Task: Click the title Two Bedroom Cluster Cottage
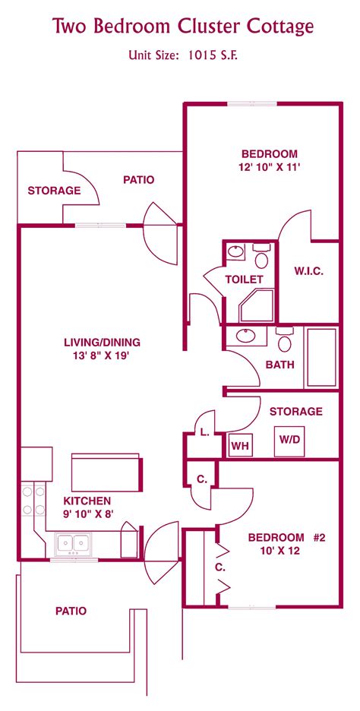coord(182,27)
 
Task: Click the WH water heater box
coord(241,444)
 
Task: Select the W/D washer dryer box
coord(289,439)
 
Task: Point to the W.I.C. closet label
coord(308,271)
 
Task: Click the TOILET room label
coord(244,279)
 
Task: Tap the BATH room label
coord(279,365)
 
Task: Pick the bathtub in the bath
coord(321,358)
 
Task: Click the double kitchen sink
coord(74,543)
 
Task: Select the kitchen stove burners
coord(33,501)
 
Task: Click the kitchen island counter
coord(106,473)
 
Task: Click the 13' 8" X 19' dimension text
coord(102,355)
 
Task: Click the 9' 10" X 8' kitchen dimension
coord(87,514)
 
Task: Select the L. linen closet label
coord(204,433)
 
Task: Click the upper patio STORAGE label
coord(54,191)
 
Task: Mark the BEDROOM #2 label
coord(286,537)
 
